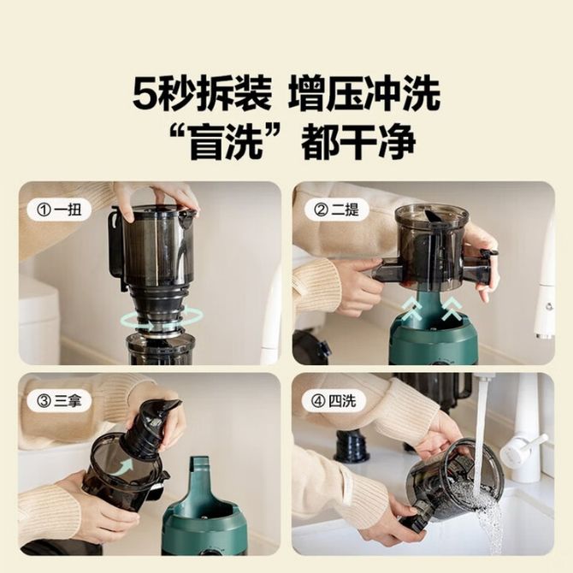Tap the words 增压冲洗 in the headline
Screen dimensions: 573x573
click(364, 94)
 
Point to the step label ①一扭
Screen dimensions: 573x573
click(59, 210)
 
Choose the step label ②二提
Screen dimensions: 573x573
click(337, 210)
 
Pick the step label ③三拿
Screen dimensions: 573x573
click(59, 401)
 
